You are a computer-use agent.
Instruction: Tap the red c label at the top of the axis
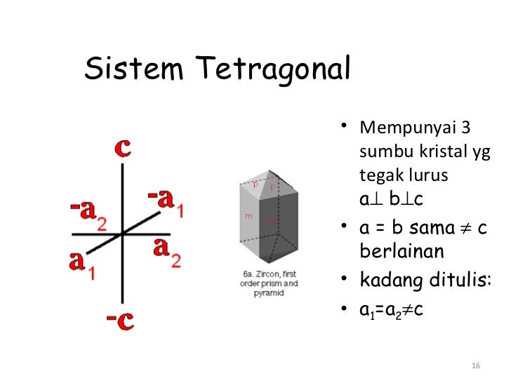click(124, 149)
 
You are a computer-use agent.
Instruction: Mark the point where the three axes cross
click(123, 233)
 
